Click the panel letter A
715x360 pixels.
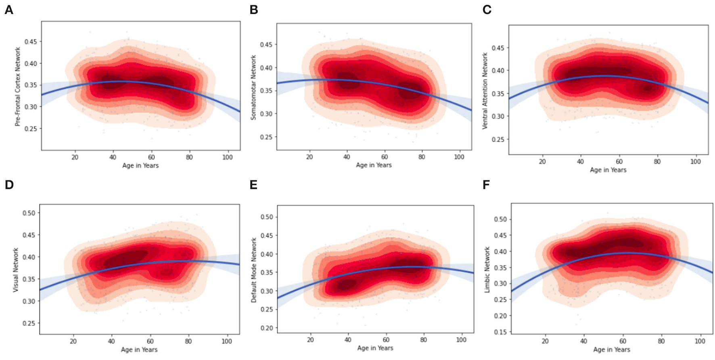[8, 10]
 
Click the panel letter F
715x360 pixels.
[486, 185]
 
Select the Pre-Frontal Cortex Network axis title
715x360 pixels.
[18, 86]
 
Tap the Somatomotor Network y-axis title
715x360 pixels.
[253, 87]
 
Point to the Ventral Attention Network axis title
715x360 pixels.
[485, 90]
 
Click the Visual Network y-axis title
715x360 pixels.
[16, 270]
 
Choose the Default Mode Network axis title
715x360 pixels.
[254, 270]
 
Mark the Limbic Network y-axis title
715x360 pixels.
[487, 270]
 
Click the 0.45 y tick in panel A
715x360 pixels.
[30, 42]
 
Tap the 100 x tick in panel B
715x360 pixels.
[459, 157]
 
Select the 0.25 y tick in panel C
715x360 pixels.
[498, 139]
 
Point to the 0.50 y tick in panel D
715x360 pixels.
[29, 213]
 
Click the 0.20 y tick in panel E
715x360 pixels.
[266, 328]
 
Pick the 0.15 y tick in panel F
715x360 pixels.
[500, 332]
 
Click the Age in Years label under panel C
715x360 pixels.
[608, 170]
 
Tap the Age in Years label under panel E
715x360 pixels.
[375, 348]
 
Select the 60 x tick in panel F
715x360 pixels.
[623, 341]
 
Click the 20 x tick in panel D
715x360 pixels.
[73, 341]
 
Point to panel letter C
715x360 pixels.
[487, 10]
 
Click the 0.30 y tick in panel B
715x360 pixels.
[266, 114]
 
